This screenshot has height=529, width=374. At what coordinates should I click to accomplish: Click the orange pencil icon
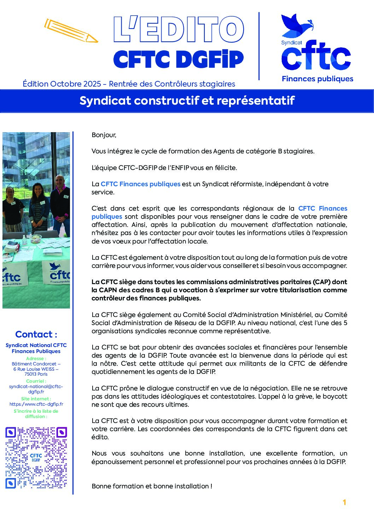click(x=71, y=31)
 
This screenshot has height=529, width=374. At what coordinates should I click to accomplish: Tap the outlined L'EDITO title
click(x=179, y=29)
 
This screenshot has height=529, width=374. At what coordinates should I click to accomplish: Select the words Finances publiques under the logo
click(x=317, y=79)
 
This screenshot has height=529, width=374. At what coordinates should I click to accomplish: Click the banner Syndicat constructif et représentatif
click(x=187, y=101)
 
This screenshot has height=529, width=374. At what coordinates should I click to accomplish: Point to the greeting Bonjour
click(x=104, y=135)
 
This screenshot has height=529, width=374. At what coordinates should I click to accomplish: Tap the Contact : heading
click(x=36, y=334)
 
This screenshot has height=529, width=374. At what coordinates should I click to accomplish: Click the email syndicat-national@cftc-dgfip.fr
click(x=36, y=389)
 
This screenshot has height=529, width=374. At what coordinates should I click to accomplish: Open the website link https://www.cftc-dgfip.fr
click(x=36, y=404)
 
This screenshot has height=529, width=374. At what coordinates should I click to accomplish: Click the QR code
click(x=36, y=458)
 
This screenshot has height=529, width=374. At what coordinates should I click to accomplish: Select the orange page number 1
click(x=344, y=502)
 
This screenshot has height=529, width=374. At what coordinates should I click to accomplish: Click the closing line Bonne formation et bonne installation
click(x=152, y=486)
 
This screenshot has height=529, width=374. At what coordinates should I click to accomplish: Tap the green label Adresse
click(x=36, y=358)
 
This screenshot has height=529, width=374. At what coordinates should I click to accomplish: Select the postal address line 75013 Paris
click(x=36, y=374)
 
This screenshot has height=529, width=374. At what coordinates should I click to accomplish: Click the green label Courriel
click(x=36, y=381)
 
